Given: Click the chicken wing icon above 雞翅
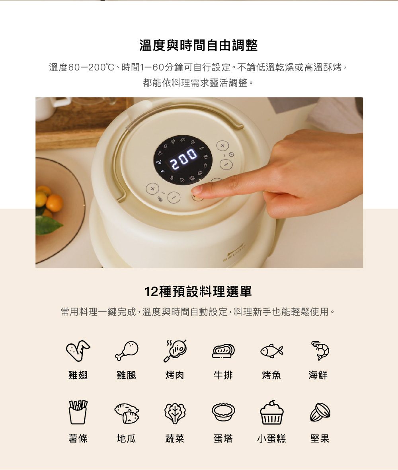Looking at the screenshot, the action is point(78,350).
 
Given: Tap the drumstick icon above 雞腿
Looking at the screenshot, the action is point(127,350).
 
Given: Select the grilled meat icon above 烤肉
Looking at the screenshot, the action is point(176,350).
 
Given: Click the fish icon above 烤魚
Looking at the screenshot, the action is point(271,351).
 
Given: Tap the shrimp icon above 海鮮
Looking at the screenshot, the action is point(320,350).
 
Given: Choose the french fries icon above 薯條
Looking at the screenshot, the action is point(78,412).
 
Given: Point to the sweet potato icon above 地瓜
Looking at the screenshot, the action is point(127,413).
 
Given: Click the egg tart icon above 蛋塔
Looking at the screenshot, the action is point(223,412).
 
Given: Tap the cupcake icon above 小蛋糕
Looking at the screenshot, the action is point(271,412).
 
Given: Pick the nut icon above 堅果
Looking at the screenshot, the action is point(320,412).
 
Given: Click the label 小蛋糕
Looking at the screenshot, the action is point(271,439).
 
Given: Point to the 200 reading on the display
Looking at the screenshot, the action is point(183,159).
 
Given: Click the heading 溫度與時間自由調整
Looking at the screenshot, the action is point(199,45).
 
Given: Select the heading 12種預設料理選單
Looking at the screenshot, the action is point(198,291).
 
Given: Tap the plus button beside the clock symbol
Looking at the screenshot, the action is point(222,146).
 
